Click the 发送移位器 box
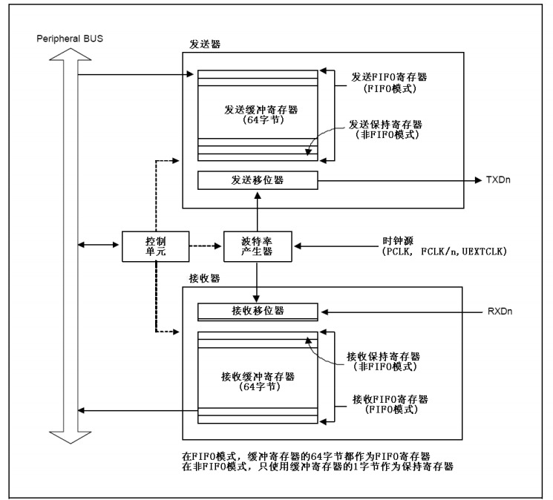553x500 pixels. [258, 180]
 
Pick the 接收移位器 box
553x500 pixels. [258, 310]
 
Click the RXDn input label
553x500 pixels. [499, 311]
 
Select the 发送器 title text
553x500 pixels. [201, 45]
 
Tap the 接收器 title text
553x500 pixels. [201, 280]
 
